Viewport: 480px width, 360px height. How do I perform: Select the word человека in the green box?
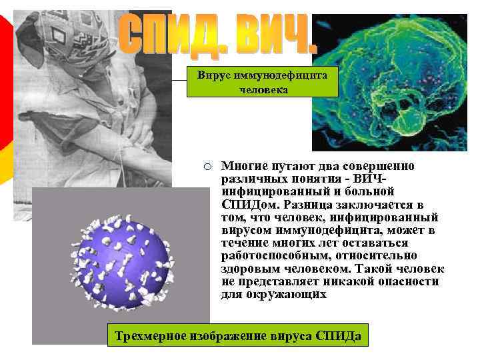(x=263, y=89)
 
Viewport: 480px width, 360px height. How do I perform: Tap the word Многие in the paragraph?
(x=244, y=166)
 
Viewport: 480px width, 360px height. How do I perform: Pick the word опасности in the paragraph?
(x=396, y=281)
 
